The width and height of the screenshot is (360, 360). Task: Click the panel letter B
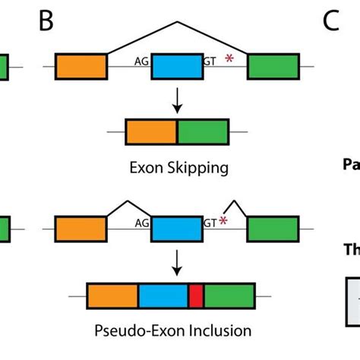(46, 21)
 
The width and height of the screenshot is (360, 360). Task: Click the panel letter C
(330, 21)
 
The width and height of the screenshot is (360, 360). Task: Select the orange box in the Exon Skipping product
(151, 131)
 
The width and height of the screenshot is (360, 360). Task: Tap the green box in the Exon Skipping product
(203, 131)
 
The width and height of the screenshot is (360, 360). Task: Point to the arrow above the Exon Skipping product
(177, 99)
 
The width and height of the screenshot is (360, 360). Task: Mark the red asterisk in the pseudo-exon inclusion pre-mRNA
(224, 221)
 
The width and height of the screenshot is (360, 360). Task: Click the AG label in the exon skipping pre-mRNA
(141, 64)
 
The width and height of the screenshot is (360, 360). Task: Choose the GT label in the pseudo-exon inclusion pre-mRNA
(210, 224)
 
